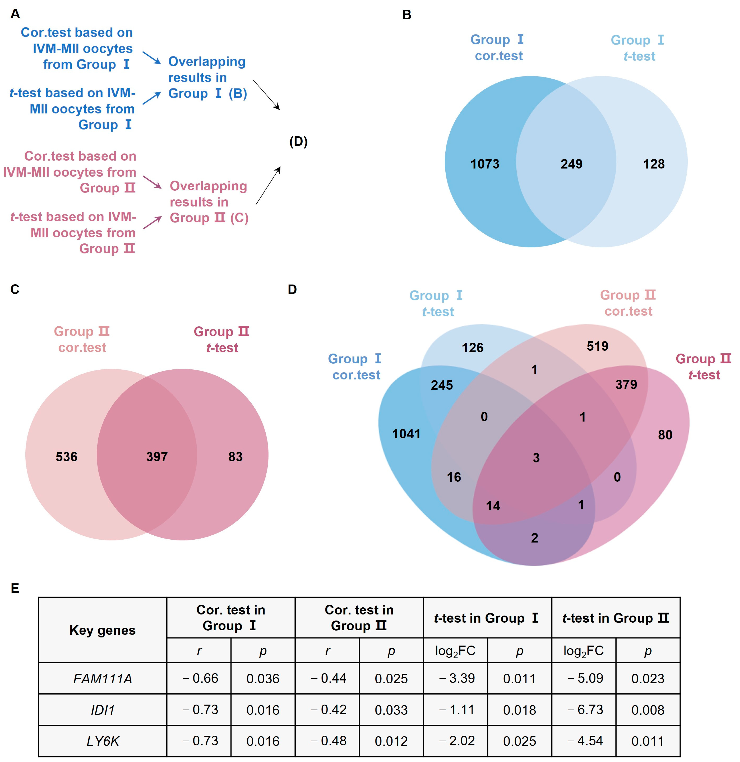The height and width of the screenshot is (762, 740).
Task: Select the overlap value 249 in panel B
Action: [x=571, y=164]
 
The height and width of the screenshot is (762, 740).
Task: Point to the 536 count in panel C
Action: [x=66, y=456]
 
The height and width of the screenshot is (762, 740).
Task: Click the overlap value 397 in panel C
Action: [x=157, y=456]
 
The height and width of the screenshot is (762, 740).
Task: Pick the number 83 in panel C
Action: [x=235, y=456]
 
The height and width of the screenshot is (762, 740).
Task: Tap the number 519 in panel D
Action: [x=597, y=346]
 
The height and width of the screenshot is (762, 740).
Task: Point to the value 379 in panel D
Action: [x=626, y=384]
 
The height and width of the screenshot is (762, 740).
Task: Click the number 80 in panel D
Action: [x=665, y=435]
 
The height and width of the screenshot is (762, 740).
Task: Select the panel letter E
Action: [x=15, y=588]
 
